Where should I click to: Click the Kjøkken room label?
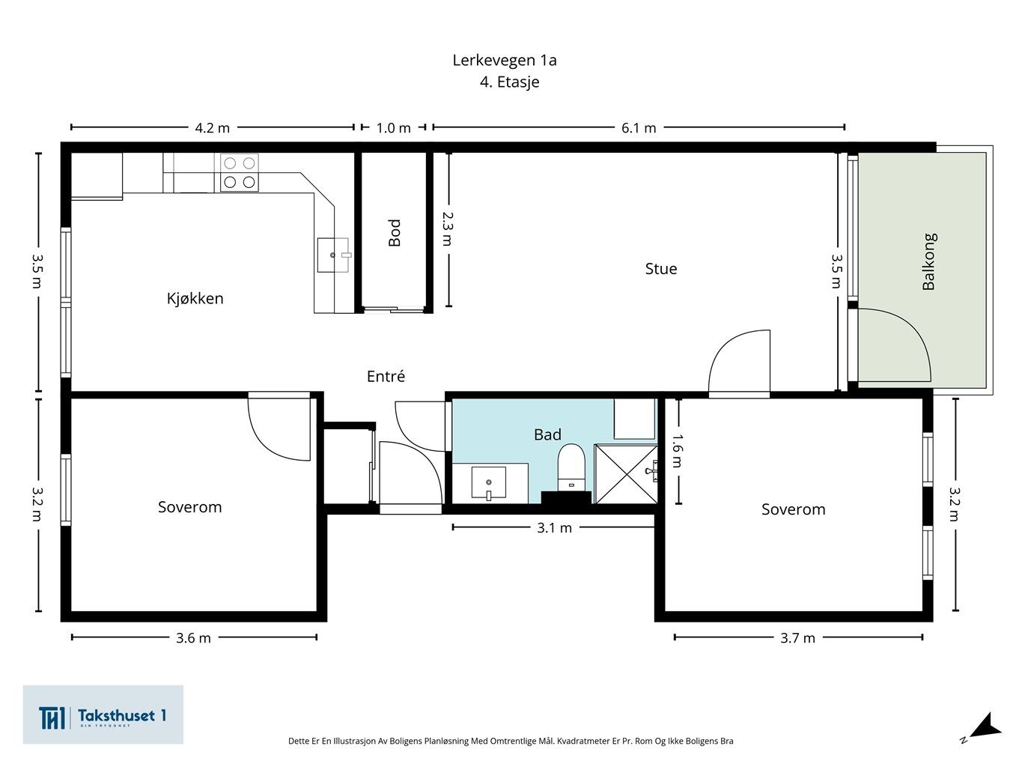(x=195, y=298)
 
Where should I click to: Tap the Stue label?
(x=660, y=269)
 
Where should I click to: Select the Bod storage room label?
(x=395, y=232)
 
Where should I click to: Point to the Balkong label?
(x=929, y=261)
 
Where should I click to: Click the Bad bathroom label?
(x=547, y=434)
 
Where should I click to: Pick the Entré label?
(x=386, y=376)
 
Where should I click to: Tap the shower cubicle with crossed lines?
(x=626, y=474)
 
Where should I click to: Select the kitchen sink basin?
(x=333, y=255)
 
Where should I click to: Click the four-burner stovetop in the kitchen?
(x=240, y=172)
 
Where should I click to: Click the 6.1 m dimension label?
(x=639, y=127)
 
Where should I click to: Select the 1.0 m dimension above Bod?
(x=393, y=127)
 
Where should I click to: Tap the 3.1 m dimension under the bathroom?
(x=554, y=527)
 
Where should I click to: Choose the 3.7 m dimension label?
(x=797, y=637)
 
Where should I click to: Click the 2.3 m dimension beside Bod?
(x=448, y=228)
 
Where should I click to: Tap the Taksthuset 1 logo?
(x=103, y=715)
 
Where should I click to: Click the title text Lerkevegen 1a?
(x=505, y=61)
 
